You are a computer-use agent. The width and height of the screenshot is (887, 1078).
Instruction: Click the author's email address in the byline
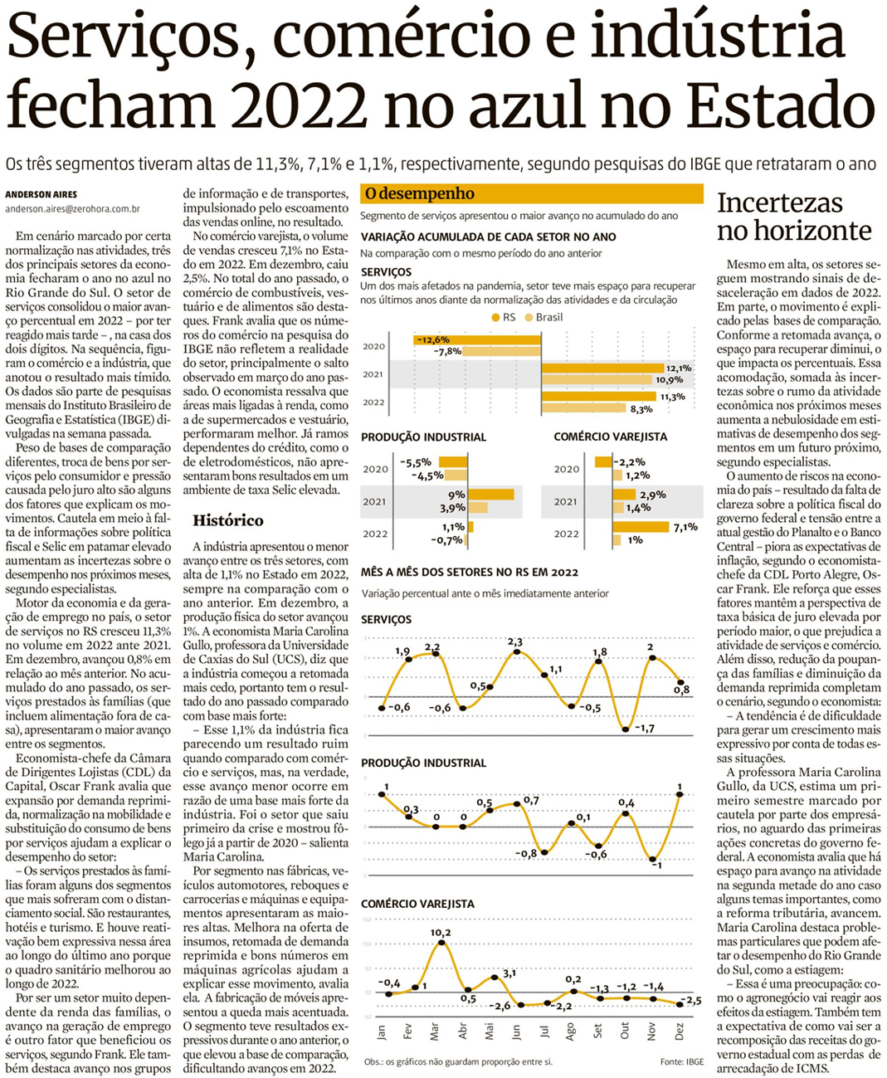click(72, 210)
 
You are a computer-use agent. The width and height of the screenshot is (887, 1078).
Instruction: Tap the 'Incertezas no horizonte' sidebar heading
click(794, 217)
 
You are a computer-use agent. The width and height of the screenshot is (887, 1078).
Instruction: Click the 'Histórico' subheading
click(228, 520)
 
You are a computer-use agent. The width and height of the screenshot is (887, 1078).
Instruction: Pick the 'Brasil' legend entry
click(548, 317)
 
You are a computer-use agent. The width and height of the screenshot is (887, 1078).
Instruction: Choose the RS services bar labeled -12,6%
click(477, 339)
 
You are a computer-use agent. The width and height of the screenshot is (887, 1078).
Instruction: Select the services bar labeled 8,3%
click(583, 407)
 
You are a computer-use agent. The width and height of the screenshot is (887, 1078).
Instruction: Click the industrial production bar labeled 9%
click(490, 495)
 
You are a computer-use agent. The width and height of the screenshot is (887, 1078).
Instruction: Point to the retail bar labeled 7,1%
click(641, 527)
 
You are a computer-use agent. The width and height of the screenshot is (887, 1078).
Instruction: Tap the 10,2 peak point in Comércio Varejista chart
click(441, 942)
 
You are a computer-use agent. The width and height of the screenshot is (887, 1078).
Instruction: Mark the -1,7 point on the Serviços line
click(626, 729)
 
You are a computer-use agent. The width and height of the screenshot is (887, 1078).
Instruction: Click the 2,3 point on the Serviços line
click(517, 652)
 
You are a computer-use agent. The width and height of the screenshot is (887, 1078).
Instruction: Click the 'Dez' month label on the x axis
click(680, 1032)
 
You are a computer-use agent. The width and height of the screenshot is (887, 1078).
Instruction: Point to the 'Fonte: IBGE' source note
click(683, 1061)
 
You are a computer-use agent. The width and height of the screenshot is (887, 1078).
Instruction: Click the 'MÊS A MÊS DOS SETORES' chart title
click(470, 572)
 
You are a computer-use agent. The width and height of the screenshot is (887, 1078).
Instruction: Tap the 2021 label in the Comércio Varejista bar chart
click(567, 501)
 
